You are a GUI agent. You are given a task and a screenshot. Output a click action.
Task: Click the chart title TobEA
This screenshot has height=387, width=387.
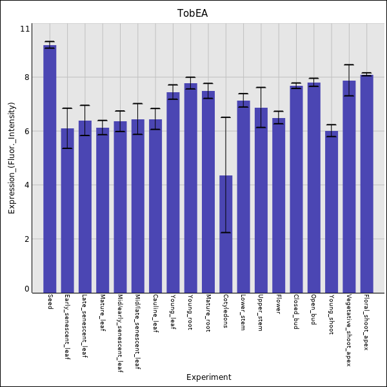coord(193,14)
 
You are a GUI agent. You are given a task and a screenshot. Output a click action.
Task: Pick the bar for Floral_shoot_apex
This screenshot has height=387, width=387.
coord(366,184)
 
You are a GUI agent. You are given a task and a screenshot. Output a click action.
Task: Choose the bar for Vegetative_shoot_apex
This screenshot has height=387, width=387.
coord(349,186)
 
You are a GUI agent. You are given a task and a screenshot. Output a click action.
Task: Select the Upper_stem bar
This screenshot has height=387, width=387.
coord(261,200)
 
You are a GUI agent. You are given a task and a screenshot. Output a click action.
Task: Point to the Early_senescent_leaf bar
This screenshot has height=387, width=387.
coord(68,210)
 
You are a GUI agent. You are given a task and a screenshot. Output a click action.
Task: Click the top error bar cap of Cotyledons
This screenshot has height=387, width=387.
coord(226,117)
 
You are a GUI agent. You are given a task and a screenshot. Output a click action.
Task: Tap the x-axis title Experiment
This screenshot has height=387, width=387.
coord(208,377)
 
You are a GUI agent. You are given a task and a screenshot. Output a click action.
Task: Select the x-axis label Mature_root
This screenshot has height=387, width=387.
coord(208,313)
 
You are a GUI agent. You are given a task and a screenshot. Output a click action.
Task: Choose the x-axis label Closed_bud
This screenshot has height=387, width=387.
coord(295,312)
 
